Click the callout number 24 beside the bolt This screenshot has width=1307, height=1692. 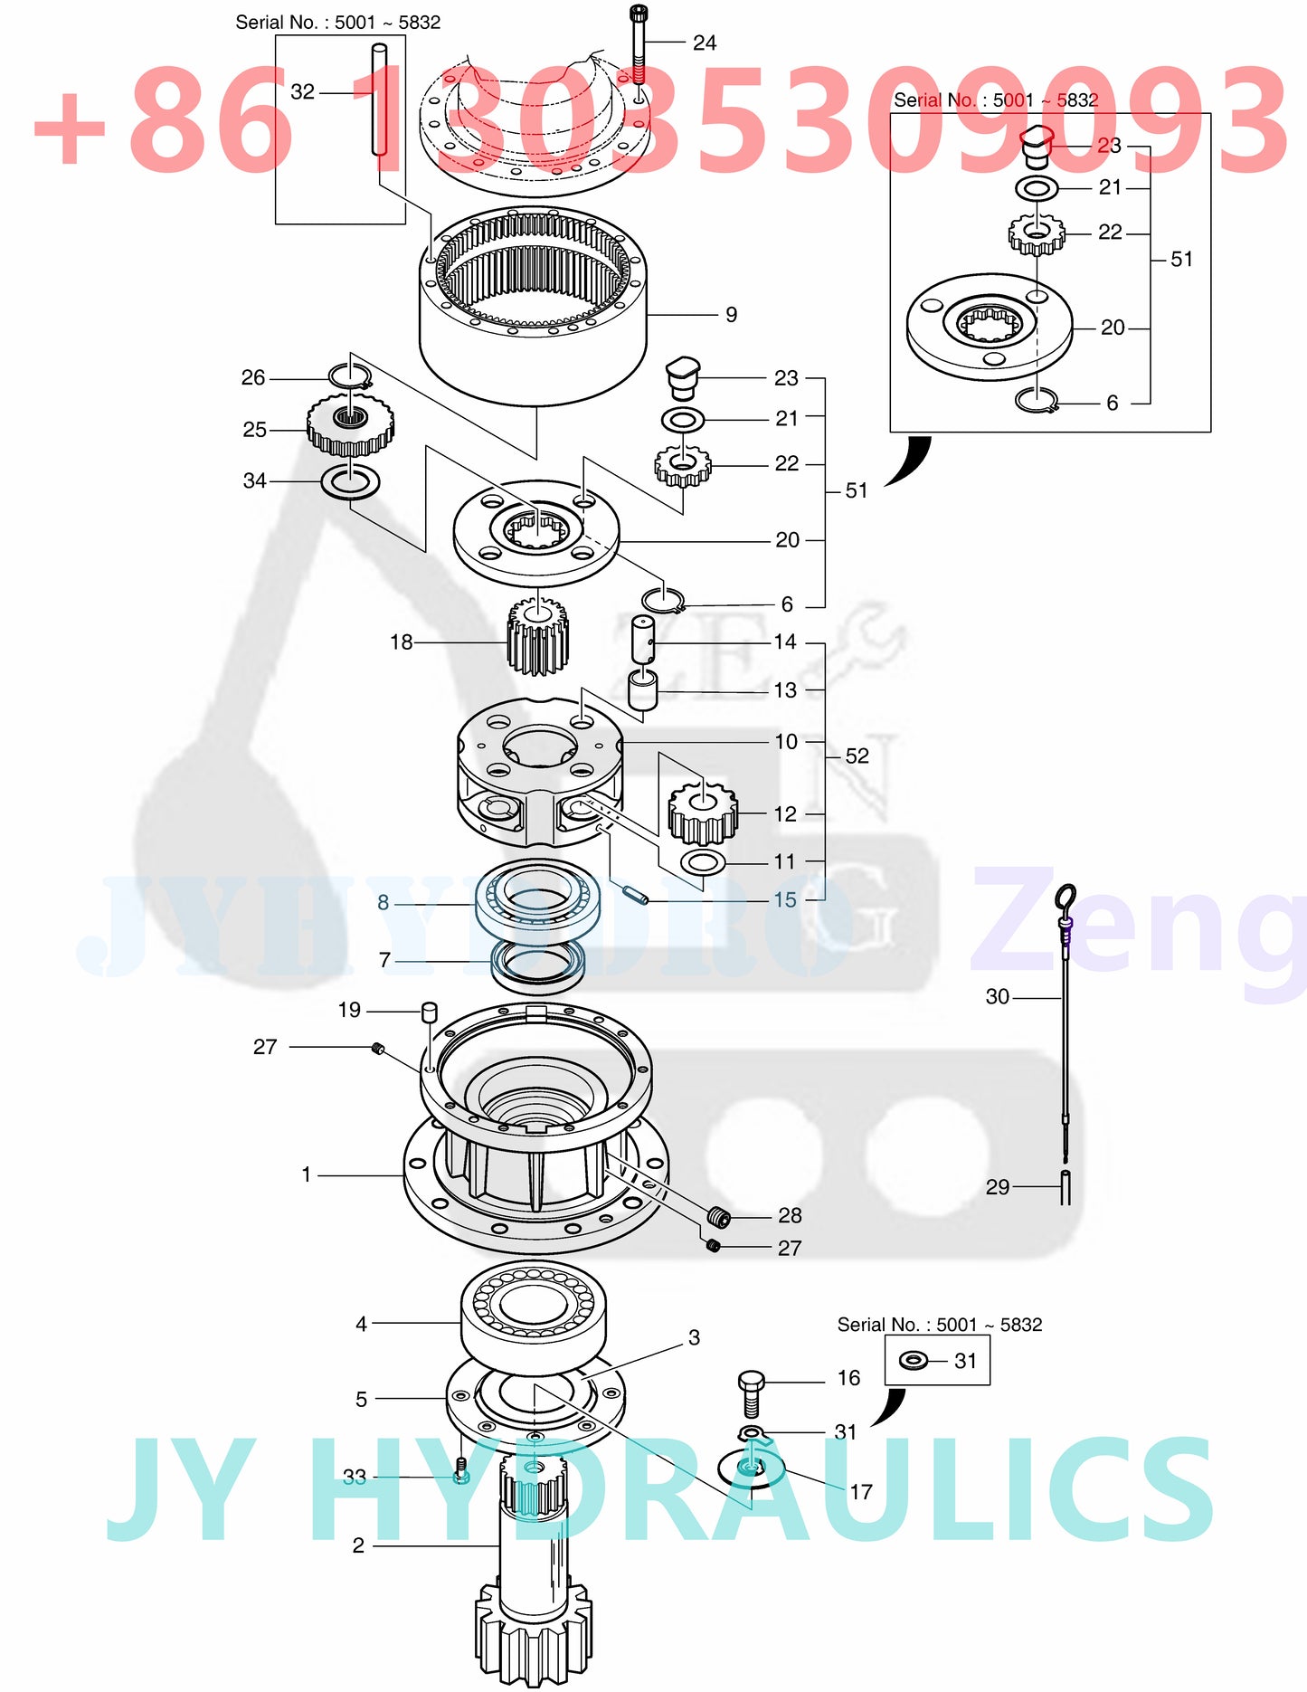click(704, 43)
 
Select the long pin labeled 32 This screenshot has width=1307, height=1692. click(380, 109)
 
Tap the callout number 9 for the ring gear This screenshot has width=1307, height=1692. click(731, 315)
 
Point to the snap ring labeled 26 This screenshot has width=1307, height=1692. click(350, 375)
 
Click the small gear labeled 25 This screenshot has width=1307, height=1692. click(350, 427)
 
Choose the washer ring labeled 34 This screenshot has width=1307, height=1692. click(350, 481)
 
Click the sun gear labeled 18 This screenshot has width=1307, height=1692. click(537, 639)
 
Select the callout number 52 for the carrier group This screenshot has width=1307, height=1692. click(857, 756)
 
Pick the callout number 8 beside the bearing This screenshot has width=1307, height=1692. click(384, 902)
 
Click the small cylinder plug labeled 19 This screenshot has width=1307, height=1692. click(430, 1010)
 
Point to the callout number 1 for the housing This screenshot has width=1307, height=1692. click(307, 1174)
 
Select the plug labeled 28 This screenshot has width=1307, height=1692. click(719, 1216)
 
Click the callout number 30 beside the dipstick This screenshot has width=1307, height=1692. click(997, 997)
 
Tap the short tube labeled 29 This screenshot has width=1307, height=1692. click(1065, 1187)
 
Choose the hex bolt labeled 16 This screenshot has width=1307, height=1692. click(751, 1393)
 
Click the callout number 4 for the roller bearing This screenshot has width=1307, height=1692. click(362, 1324)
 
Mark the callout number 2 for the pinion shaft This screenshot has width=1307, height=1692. click(359, 1545)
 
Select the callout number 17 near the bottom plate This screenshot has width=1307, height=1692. click(860, 1492)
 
